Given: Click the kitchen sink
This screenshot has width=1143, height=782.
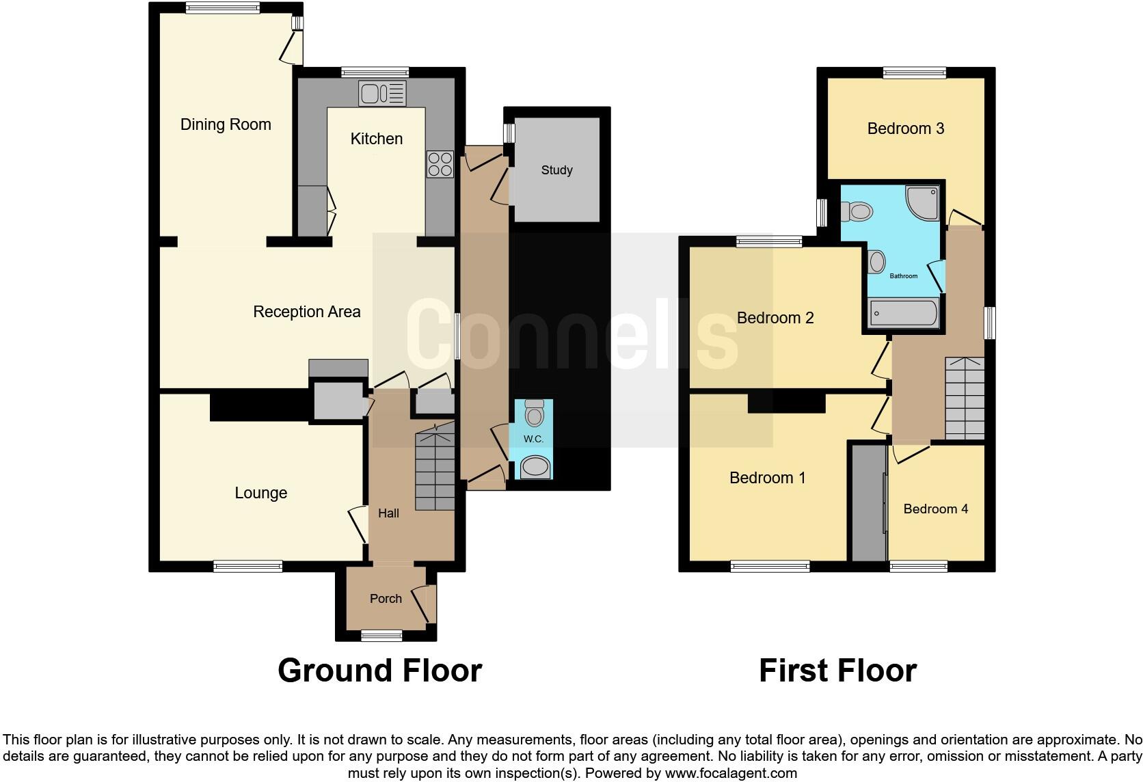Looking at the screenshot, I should click(382, 94).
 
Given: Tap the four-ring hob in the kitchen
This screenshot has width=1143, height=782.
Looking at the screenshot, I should click(440, 164).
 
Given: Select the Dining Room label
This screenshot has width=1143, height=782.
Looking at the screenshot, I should click(226, 124).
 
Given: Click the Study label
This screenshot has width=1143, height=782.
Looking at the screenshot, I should click(556, 170).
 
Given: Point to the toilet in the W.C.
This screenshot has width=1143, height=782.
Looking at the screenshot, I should click(534, 414).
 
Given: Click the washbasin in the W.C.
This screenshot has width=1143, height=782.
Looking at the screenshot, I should click(534, 468).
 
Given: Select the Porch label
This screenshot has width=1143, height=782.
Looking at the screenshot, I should click(386, 599).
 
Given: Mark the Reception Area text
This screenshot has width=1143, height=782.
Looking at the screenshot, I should click(306, 312).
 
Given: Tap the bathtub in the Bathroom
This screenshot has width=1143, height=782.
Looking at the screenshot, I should click(903, 314).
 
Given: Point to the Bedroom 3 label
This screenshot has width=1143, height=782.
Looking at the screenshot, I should click(905, 129).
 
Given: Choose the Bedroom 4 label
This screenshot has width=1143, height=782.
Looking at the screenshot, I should click(935, 509).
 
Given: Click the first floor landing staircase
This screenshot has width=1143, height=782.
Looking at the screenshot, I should click(965, 399).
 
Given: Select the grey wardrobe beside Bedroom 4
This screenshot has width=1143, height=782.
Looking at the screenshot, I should click(867, 503).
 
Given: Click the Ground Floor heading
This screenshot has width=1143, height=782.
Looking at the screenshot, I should click(379, 671).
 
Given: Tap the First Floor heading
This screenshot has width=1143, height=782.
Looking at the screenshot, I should click(837, 671).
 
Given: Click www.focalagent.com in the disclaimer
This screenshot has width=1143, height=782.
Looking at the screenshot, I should click(731, 773).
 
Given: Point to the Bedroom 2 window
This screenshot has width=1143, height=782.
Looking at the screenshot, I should click(769, 241).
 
